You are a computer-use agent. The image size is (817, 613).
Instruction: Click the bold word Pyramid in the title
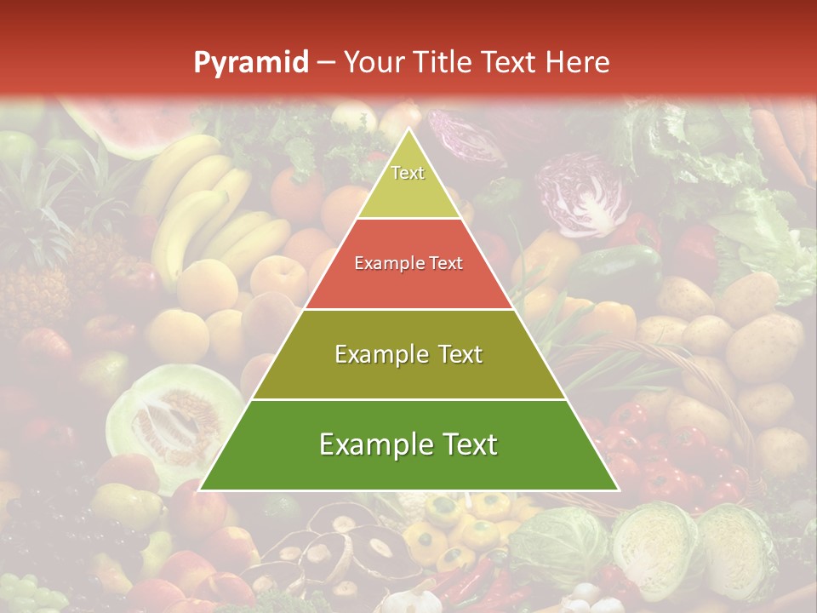pos(251,63)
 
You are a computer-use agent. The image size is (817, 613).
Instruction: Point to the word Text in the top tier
pos(408,173)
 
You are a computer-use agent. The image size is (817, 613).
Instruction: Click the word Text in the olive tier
pos(455,354)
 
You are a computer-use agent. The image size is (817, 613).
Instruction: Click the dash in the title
pos(326,63)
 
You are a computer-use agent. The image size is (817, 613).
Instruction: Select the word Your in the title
pos(375,62)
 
